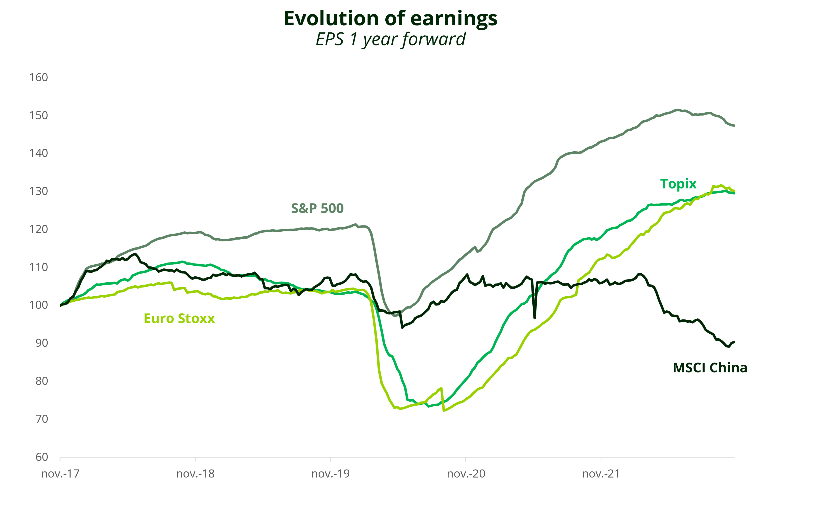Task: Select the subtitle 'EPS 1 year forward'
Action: (x=391, y=39)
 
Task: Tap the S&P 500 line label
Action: (x=317, y=208)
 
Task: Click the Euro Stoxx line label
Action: (x=179, y=319)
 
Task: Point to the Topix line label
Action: (x=678, y=184)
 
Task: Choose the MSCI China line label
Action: (x=710, y=368)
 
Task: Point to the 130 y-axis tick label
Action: (x=38, y=191)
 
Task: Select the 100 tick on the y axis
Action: (x=38, y=305)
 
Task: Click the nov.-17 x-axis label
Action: (x=60, y=474)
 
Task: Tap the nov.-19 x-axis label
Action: (x=330, y=474)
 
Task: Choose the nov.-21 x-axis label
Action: (x=601, y=474)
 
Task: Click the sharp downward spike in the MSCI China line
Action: (x=535, y=317)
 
